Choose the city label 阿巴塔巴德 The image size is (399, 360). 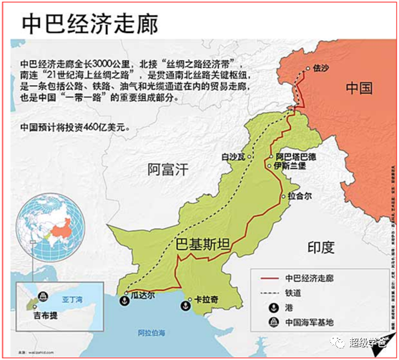point(295,156)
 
